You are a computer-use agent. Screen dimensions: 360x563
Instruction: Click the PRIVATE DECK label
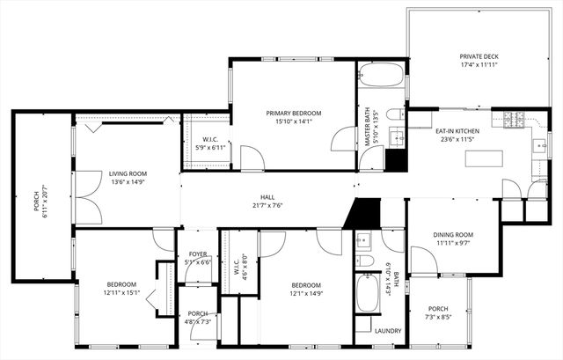[x=479, y=56]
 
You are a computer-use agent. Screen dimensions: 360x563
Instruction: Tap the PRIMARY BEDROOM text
[x=294, y=114]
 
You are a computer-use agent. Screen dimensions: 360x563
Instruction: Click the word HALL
[x=267, y=196]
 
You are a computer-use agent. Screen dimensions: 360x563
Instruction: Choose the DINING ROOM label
[x=453, y=234]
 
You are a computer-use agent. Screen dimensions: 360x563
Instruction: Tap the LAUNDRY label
[x=388, y=331]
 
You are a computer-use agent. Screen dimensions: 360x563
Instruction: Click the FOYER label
[x=198, y=253]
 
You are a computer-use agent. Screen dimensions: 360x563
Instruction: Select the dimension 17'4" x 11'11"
[x=479, y=65]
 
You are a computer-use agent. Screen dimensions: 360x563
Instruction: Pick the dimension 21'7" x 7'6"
[x=267, y=205]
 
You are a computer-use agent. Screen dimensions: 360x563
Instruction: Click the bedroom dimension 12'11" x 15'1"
[x=121, y=294]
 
